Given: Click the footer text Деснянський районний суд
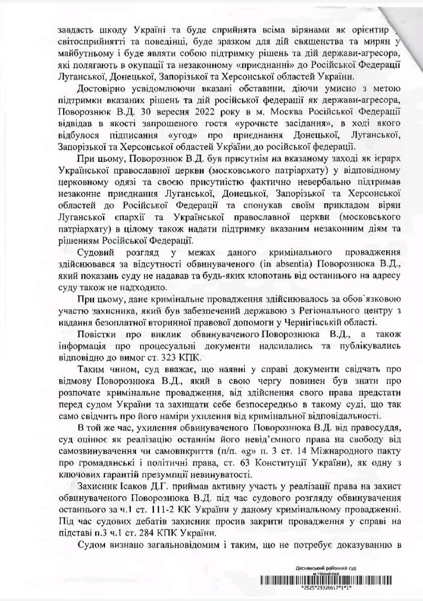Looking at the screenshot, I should (326, 568).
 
